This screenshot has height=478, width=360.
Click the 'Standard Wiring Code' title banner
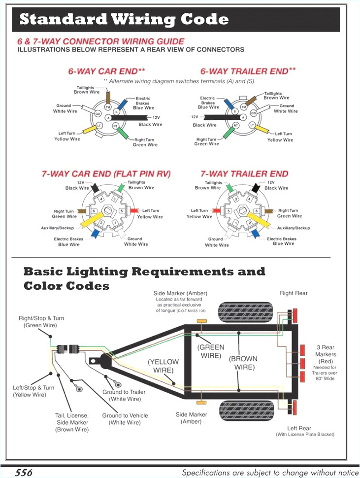click(x=124, y=20)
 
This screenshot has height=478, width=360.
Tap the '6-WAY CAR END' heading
click(x=106, y=71)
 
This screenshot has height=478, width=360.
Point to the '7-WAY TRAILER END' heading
click(x=244, y=174)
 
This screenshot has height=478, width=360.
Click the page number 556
click(x=23, y=473)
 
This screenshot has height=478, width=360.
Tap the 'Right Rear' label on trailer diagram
click(x=294, y=293)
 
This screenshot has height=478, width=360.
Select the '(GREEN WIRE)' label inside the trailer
click(x=211, y=351)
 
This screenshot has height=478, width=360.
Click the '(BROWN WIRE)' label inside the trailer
click(x=243, y=363)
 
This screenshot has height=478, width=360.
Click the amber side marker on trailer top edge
click(x=200, y=321)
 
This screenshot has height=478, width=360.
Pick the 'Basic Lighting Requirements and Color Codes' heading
click(x=144, y=278)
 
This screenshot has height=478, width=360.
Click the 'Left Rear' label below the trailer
click(x=299, y=428)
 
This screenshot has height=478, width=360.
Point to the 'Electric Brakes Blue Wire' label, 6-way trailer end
click(x=208, y=103)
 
